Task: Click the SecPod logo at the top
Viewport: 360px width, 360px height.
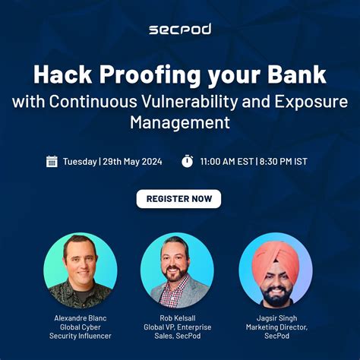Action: pos(179,29)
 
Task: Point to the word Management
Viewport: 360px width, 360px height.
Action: pos(179,121)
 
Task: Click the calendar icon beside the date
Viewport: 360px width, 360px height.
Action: pos(52,161)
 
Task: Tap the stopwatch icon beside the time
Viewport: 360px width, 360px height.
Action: pos(187,161)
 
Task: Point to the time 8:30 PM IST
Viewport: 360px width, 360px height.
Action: pos(287,161)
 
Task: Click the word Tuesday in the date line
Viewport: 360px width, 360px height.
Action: pos(80,161)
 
